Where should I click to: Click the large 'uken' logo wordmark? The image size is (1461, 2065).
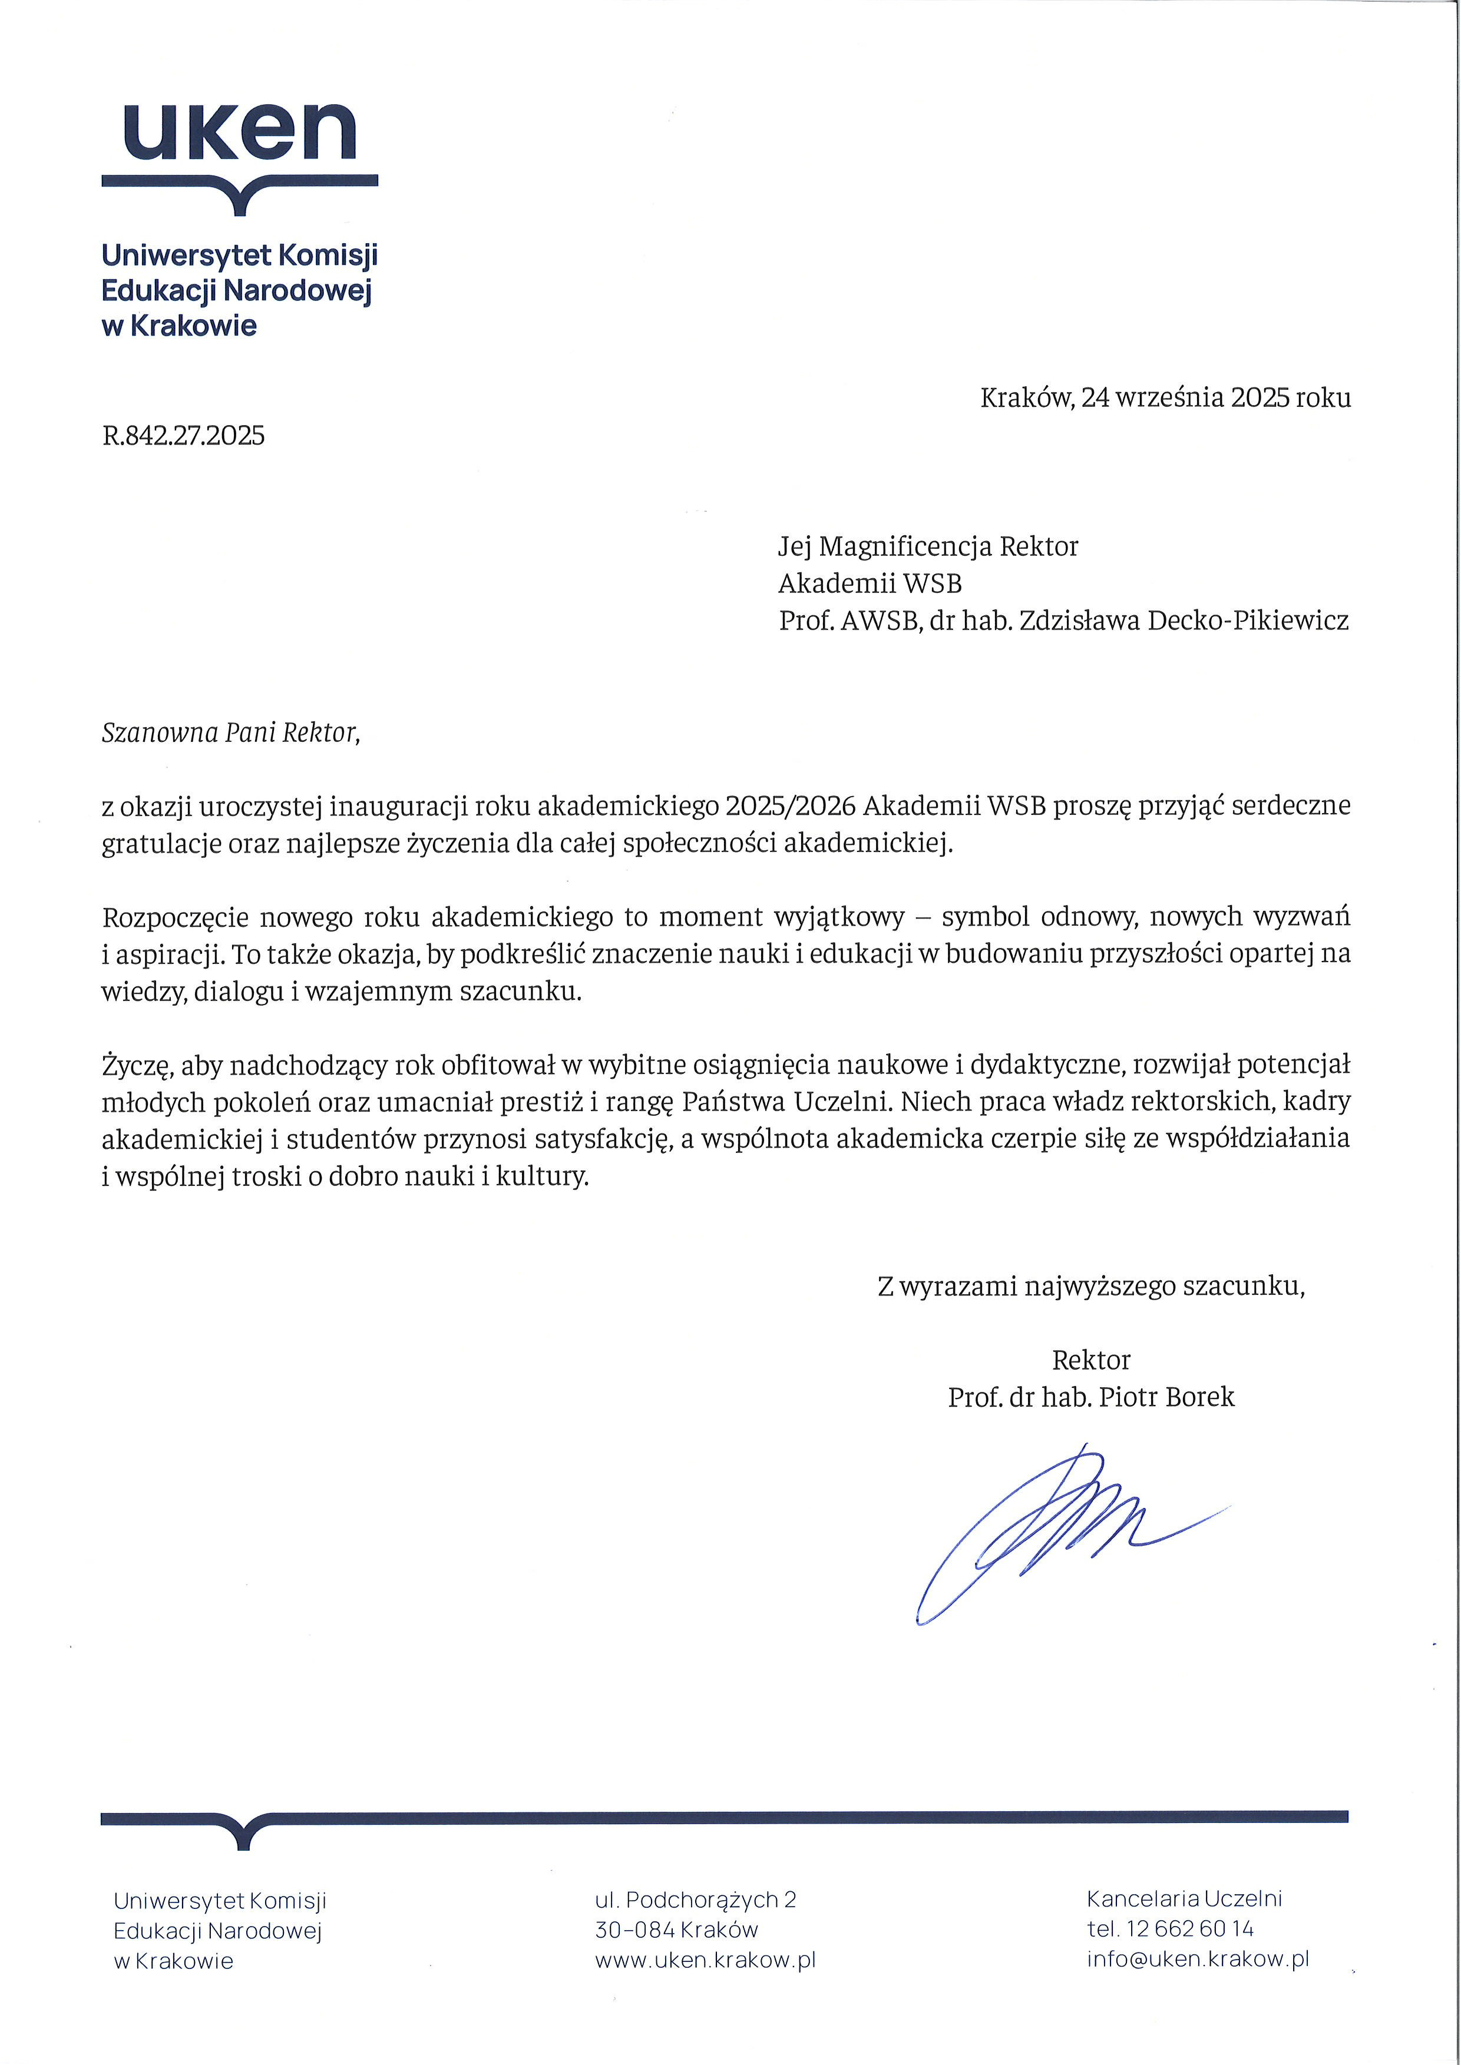coord(239,133)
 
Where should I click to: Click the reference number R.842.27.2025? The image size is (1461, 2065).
coord(184,436)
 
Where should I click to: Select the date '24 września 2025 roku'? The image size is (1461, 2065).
coord(1215,397)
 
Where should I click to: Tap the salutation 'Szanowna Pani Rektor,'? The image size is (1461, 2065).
coord(230,733)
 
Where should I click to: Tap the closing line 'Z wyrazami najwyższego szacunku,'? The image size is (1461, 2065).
coord(1090,1286)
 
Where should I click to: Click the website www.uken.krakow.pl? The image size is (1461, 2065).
coord(705,1960)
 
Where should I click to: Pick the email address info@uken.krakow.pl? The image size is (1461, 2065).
coord(1198,1959)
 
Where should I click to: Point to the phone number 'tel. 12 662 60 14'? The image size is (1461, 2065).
coord(1169,1928)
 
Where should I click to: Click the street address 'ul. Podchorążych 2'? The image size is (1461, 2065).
coord(695,1900)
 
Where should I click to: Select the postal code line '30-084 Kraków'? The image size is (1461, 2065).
coord(676,1929)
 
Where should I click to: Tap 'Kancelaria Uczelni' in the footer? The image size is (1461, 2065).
coord(1184,1898)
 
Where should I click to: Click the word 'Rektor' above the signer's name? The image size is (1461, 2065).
coord(1090,1360)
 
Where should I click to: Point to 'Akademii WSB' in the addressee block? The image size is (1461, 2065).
coord(870,584)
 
